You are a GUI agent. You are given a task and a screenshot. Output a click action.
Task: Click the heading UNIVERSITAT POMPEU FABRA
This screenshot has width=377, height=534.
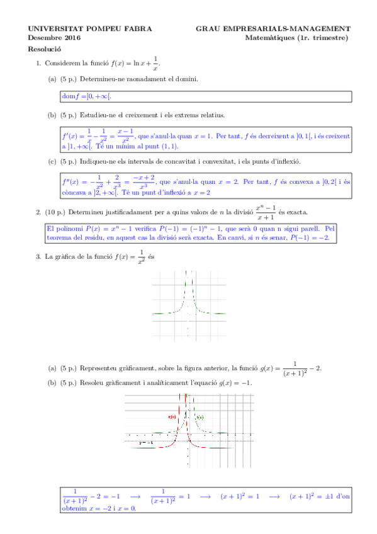click(x=81, y=28)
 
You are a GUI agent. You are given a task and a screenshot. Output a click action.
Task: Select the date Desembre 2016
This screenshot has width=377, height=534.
click(x=54, y=38)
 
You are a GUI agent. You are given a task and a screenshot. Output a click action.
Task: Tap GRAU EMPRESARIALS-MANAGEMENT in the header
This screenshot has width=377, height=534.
click(x=273, y=28)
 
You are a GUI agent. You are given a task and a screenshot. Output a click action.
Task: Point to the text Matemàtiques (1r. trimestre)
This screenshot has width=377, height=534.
click(x=296, y=38)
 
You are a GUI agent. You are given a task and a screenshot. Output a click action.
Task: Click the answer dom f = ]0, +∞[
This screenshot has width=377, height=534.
click(x=87, y=96)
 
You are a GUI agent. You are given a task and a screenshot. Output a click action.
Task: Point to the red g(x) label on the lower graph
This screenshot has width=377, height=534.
click(x=172, y=417)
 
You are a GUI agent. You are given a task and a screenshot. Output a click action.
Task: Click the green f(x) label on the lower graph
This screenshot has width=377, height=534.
click(x=200, y=418)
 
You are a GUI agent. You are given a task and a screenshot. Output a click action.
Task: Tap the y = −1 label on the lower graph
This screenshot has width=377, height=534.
click(x=146, y=443)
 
